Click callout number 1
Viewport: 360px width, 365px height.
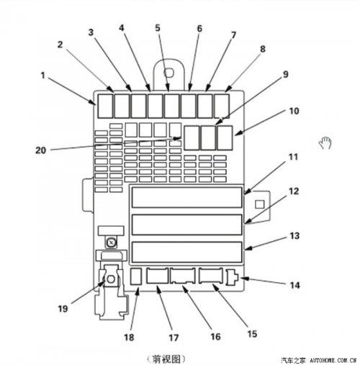click(43, 76)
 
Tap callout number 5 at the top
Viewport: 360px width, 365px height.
click(158, 28)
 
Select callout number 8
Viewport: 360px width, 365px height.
click(263, 49)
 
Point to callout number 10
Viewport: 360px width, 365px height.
click(294, 111)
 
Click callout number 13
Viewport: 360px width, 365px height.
click(294, 235)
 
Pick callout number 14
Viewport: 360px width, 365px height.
click(295, 285)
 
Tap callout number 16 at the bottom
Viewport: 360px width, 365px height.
click(215, 336)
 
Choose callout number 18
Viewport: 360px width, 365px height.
click(129, 337)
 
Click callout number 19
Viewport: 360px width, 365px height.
click(63, 309)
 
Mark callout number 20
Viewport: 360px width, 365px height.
click(40, 150)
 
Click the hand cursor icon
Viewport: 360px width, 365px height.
click(325, 143)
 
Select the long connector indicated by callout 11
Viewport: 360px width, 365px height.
click(186, 197)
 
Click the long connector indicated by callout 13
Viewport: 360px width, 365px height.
click(186, 252)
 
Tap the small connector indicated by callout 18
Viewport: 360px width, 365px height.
click(136, 276)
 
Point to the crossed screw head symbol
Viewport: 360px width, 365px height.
click(111, 243)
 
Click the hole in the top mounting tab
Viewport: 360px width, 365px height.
click(168, 73)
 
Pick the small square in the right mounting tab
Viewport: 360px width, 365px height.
click(259, 204)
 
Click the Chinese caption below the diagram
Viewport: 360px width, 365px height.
click(166, 359)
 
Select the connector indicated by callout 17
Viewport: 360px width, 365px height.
click(157, 276)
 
